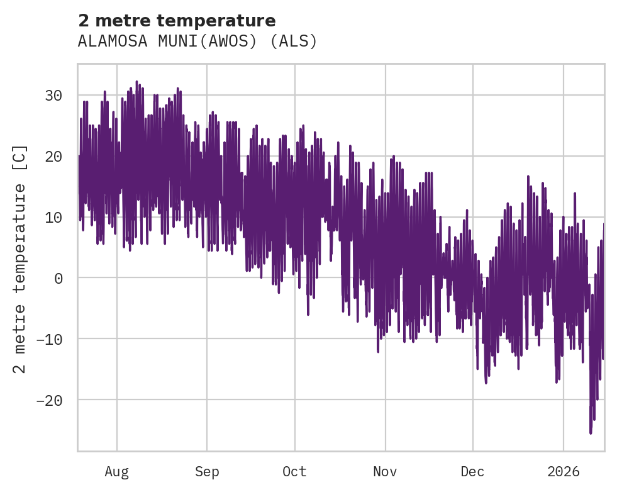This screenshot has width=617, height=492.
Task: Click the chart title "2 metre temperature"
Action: tap(177, 21)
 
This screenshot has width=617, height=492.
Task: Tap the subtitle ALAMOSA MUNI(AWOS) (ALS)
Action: tap(197, 42)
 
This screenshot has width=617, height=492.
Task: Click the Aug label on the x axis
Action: tap(116, 472)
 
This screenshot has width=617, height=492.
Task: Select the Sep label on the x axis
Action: tap(206, 472)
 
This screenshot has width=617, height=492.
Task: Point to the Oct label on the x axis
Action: tap(294, 472)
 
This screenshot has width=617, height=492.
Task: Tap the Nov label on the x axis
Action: tap(385, 472)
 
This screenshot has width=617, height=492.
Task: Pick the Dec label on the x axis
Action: tap(472, 472)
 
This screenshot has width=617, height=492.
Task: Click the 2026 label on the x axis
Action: tap(564, 472)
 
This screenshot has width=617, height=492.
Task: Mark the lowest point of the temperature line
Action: tap(591, 433)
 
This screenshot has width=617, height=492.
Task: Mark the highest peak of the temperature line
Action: tap(136, 81)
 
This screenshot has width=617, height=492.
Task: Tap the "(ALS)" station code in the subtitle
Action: tap(298, 42)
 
